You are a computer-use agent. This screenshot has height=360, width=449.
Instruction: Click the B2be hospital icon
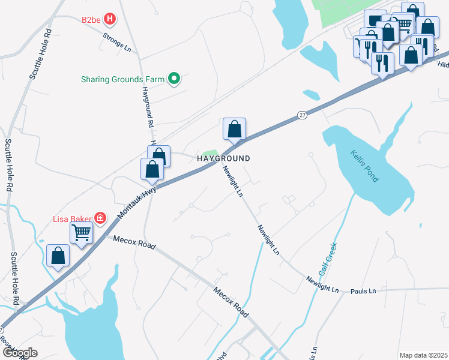click(x=109, y=19)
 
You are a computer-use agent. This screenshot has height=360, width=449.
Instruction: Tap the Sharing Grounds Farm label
click(x=123, y=79)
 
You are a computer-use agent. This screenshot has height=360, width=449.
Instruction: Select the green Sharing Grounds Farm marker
click(x=174, y=78)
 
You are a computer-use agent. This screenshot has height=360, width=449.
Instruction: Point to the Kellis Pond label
click(x=365, y=166)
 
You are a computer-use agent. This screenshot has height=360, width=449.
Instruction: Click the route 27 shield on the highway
click(x=302, y=115)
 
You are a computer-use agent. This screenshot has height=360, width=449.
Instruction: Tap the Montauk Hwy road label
click(x=136, y=202)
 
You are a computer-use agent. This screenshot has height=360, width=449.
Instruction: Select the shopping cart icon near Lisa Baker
click(x=81, y=232)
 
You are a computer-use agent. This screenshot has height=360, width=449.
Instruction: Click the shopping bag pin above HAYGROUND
click(x=234, y=129)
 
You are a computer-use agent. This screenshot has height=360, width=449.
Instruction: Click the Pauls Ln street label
click(x=363, y=291)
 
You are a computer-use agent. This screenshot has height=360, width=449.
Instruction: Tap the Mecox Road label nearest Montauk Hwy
click(x=134, y=242)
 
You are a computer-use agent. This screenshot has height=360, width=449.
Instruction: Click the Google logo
click(x=19, y=353)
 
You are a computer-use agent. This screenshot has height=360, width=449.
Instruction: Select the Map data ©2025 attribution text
click(x=423, y=355)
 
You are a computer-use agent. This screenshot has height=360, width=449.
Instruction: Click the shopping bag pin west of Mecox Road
click(x=58, y=256)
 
